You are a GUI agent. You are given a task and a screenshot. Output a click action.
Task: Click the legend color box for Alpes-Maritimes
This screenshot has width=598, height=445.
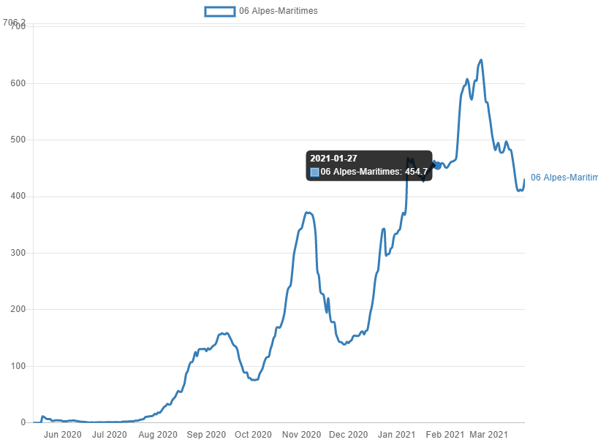pos(220,11)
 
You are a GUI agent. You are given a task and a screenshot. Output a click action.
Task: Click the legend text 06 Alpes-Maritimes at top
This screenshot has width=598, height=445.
pos(279,11)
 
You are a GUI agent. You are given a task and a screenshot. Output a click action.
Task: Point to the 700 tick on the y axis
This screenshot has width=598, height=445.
pos(18,26)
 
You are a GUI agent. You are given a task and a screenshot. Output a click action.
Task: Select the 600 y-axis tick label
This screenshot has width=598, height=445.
pos(18,83)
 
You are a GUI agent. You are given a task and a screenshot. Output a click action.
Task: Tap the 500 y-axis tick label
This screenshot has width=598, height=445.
pos(18,140)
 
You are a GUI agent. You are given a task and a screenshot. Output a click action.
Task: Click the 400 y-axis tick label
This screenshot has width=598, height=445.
pos(18,196)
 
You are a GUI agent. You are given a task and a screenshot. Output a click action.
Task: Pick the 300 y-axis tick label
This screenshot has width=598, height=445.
pos(18,253)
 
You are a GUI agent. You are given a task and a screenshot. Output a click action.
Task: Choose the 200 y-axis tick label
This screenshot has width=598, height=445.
pos(18,309)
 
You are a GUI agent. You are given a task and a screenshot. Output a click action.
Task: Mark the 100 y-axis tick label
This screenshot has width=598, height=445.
pos(18,366)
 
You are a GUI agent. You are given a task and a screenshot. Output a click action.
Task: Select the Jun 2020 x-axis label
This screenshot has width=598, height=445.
pos(63,435)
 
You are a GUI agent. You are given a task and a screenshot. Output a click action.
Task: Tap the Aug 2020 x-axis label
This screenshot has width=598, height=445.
pos(158,435)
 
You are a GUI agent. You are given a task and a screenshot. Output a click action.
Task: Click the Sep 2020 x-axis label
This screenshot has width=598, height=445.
pos(206,435)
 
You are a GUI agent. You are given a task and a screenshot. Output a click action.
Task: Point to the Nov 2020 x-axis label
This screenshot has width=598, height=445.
pos(301,435)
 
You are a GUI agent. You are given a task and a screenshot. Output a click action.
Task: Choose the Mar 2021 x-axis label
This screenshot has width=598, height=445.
pos(488,435)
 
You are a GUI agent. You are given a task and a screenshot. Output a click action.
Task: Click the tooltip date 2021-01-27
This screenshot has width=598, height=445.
pos(333,159)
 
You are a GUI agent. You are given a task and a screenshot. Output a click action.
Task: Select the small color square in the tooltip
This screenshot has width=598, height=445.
pos(314,172)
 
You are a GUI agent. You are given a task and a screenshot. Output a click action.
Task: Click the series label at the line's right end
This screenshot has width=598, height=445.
pos(564,178)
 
